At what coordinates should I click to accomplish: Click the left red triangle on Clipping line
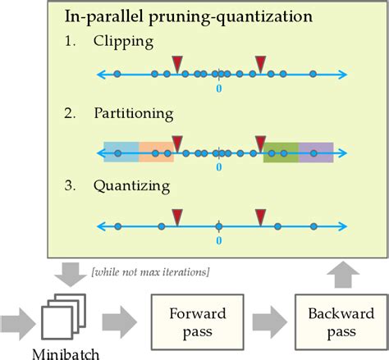tap(176, 64)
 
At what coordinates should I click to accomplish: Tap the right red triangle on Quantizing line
tap(260, 217)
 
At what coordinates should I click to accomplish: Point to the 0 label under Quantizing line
tap(218, 241)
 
